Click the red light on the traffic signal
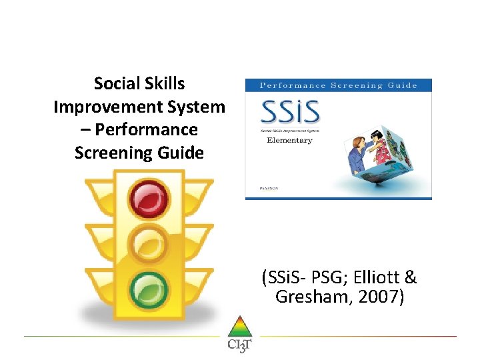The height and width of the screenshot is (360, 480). click(x=149, y=199)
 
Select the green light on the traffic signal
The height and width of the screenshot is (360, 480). click(x=149, y=289)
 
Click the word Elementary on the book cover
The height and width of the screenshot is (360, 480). click(x=289, y=141)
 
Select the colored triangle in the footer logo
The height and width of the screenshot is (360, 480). click(x=239, y=327)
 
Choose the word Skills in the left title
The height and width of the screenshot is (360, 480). click(x=162, y=84)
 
